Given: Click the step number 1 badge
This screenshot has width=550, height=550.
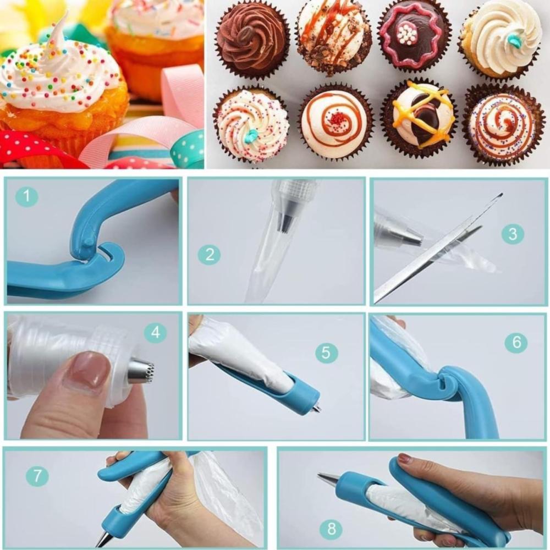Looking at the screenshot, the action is click(x=26, y=196).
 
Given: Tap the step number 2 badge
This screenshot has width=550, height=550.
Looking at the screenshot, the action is click(x=210, y=254).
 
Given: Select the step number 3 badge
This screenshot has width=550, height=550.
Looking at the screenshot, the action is click(x=513, y=234).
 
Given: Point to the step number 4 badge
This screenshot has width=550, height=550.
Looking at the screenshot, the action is click(x=156, y=332).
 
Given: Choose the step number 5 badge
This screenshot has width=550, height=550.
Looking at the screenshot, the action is click(x=326, y=352).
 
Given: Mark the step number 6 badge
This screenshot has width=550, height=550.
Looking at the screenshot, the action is click(x=516, y=342).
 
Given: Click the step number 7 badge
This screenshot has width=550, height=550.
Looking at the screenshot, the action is click(x=37, y=476).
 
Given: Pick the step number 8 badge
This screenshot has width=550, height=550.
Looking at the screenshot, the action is click(x=332, y=528).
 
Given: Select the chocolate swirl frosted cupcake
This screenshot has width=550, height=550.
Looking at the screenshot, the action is click(x=252, y=42).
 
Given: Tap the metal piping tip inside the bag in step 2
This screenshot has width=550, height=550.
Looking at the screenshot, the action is click(x=287, y=222).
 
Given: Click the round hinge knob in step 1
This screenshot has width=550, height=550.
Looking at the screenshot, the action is click(x=89, y=243).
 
